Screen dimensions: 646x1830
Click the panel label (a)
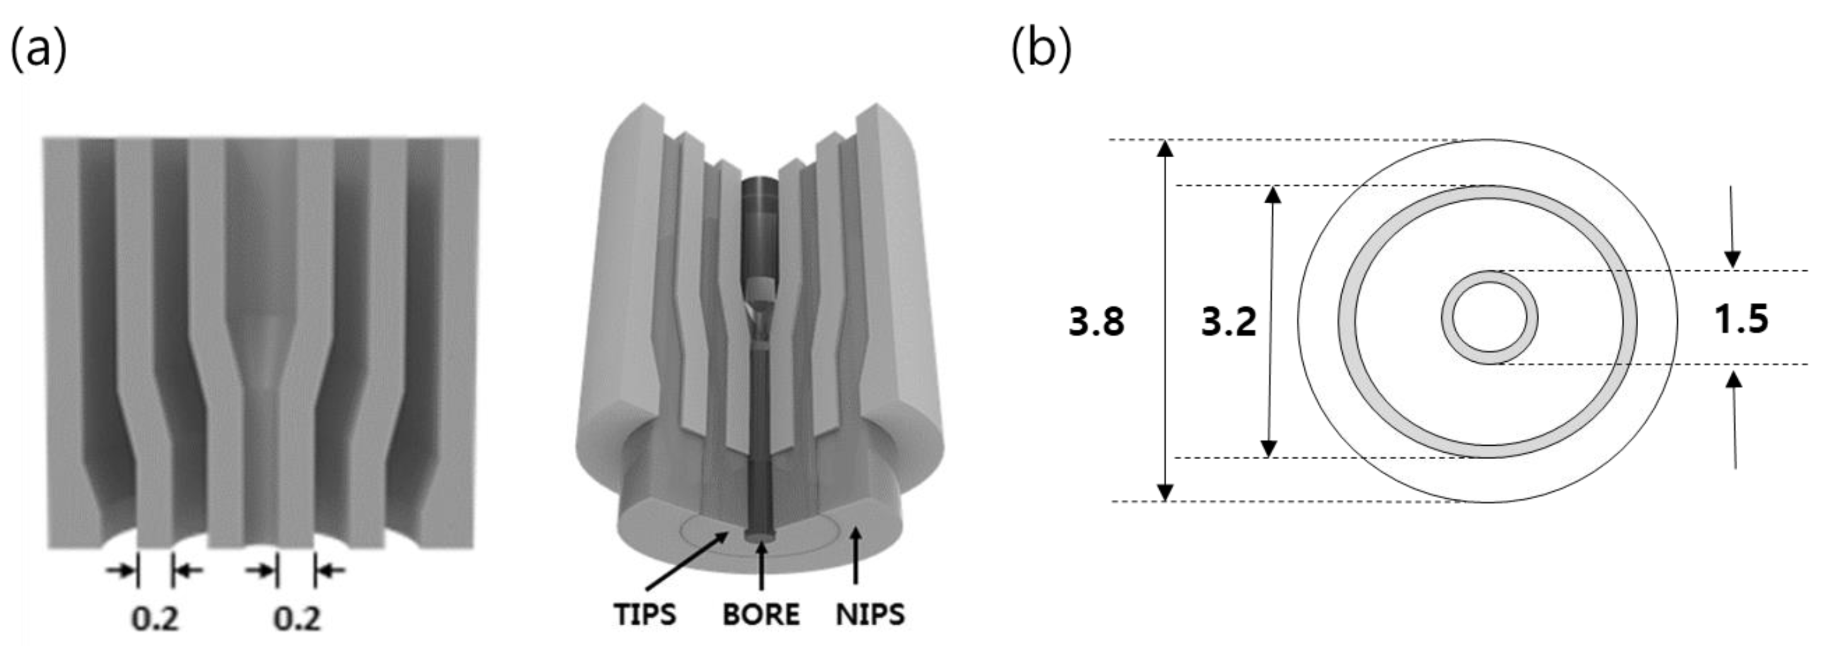38,50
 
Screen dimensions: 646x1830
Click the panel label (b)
1041,50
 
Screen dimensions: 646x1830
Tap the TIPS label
645,614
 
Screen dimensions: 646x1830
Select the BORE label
761,614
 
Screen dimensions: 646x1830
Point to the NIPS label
870,614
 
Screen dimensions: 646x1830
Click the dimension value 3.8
1096,321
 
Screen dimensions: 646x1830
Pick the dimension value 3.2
1228,321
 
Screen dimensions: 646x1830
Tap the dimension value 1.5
1741,318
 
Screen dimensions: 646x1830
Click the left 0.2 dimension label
155,618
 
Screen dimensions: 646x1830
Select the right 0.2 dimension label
297,618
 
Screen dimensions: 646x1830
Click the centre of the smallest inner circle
1490,317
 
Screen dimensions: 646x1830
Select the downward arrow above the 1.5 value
1732,227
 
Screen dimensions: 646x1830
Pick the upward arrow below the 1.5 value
1735,419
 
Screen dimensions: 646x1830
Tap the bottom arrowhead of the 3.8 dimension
1165,492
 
